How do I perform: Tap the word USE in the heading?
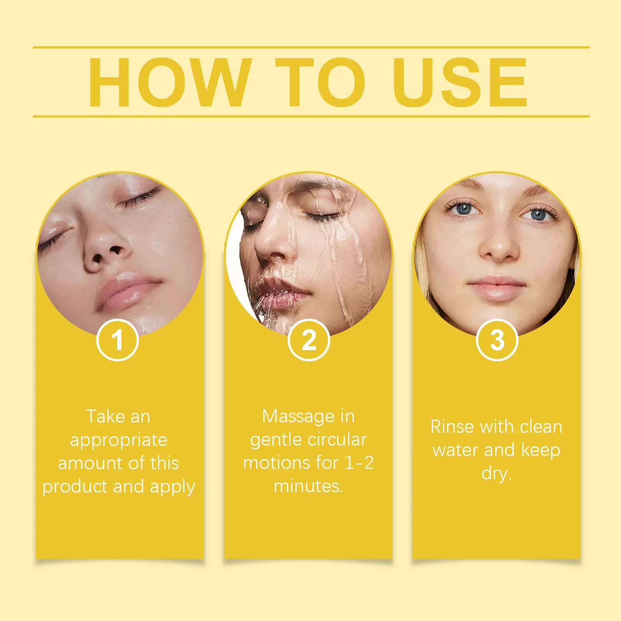pos(460,82)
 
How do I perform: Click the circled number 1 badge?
pos(118,340)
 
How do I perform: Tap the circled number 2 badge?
pos(309,340)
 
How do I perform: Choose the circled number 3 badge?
pos(497,340)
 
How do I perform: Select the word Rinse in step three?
pos(453,427)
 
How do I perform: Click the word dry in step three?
pos(496,474)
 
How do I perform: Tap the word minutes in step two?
pos(308,486)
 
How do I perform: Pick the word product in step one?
pos(74,487)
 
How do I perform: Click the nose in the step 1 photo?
pos(105,252)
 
